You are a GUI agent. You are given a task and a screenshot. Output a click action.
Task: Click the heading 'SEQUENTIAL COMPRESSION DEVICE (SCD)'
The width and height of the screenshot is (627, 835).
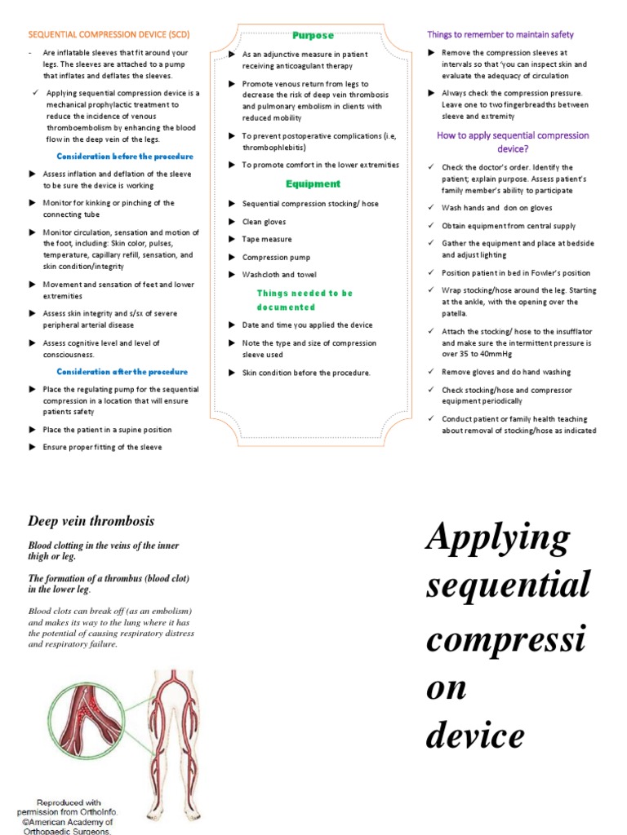(x=109, y=35)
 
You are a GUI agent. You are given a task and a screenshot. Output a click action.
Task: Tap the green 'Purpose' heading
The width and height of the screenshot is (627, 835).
(x=313, y=35)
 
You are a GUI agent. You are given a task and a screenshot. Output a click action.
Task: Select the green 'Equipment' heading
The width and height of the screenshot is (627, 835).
(x=313, y=183)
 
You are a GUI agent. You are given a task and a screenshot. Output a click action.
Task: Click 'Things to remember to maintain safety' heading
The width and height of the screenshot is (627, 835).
(x=500, y=34)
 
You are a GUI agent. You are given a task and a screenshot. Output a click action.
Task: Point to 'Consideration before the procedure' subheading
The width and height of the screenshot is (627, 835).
(x=125, y=156)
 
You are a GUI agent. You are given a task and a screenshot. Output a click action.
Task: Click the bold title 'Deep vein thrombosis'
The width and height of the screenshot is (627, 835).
(x=91, y=521)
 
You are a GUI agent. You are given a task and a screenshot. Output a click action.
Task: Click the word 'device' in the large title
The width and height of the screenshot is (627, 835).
(x=474, y=736)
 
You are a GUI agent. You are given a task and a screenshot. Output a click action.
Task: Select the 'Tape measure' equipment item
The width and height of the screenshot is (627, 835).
(x=267, y=239)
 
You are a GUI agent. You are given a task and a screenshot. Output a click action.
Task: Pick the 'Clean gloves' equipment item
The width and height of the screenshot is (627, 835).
(x=264, y=221)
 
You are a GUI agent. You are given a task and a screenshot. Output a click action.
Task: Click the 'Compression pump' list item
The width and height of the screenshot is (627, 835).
(x=276, y=257)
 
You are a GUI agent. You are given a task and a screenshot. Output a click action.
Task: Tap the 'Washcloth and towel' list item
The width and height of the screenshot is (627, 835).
(x=279, y=275)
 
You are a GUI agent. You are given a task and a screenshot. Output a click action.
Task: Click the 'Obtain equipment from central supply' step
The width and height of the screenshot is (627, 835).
(x=509, y=226)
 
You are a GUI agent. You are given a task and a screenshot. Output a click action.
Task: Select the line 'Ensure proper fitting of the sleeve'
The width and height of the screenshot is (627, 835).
(x=102, y=447)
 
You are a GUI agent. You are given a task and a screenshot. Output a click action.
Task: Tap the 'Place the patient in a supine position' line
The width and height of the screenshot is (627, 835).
(x=107, y=429)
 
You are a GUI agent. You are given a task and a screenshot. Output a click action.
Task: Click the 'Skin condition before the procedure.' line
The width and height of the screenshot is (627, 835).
(x=306, y=373)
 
